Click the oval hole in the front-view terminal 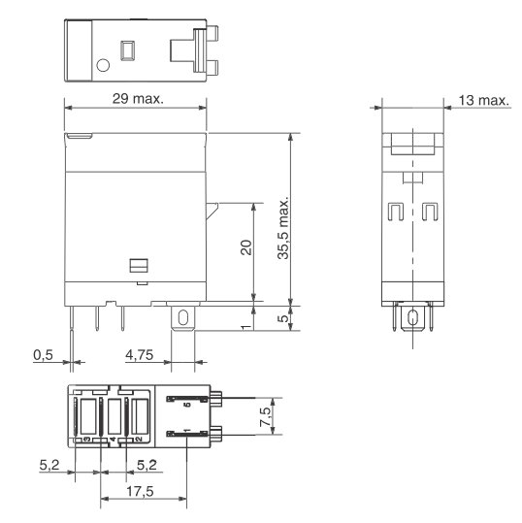click(182, 316)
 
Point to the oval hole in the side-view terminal click(411, 317)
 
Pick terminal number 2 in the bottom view click(138, 440)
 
